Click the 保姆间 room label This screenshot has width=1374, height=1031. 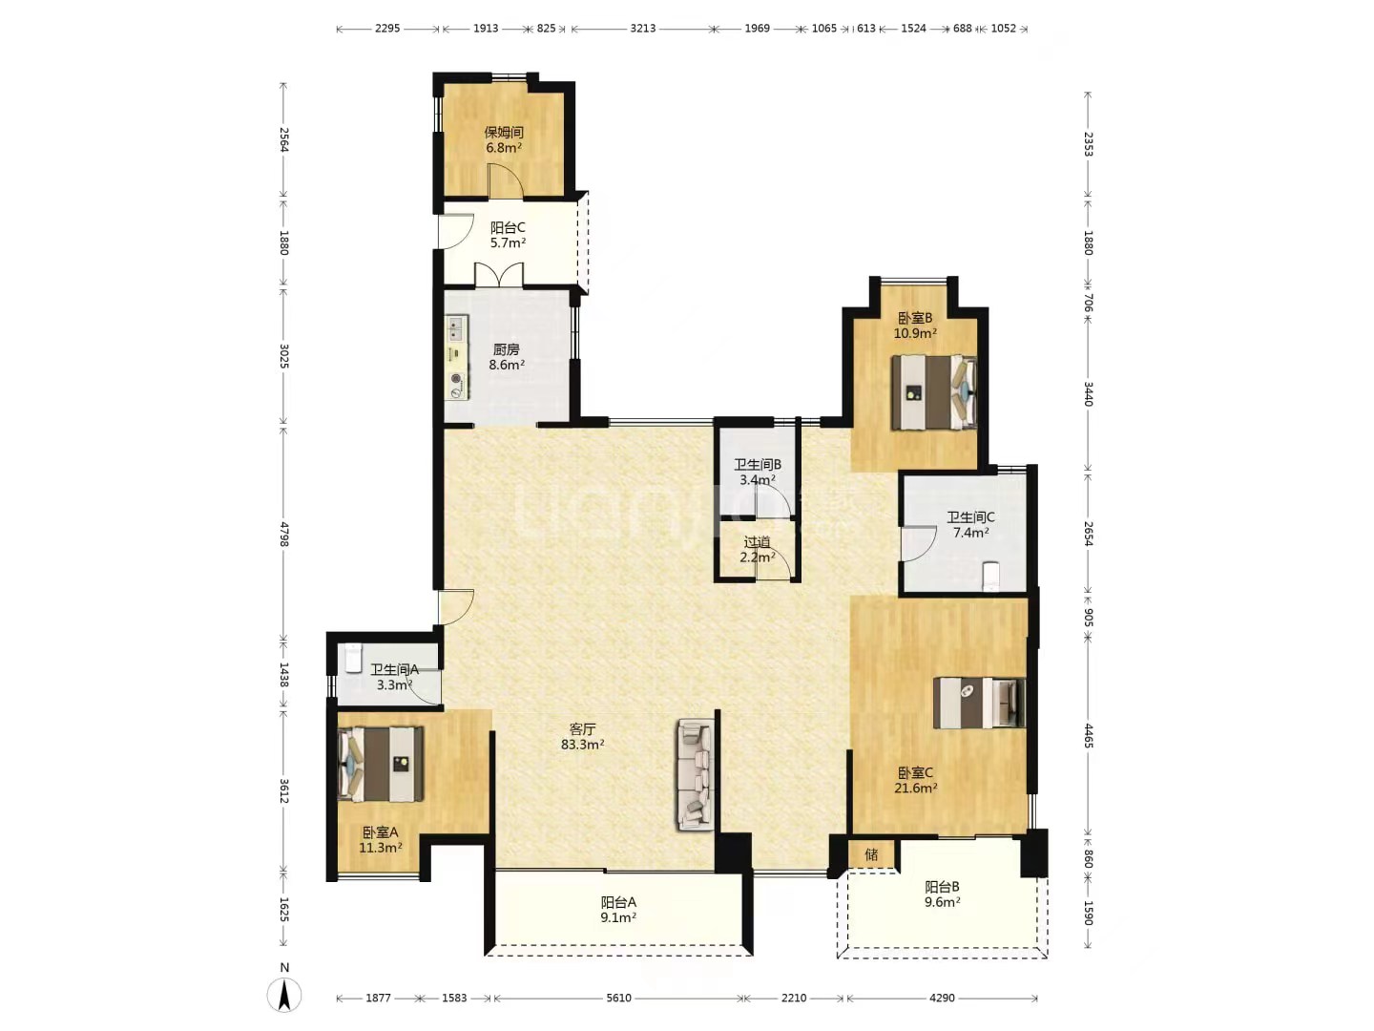tap(504, 132)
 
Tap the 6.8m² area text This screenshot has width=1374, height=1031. tap(504, 148)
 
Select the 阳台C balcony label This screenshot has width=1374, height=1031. tap(508, 227)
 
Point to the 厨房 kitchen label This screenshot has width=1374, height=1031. tap(506, 349)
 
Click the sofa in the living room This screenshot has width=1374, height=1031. tap(695, 775)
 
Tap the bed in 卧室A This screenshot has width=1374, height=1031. tap(380, 764)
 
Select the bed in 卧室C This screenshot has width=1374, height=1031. tap(978, 703)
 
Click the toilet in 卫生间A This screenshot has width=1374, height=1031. tap(352, 658)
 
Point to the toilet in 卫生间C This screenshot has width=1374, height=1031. tap(990, 577)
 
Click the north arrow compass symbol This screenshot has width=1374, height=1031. tap(284, 994)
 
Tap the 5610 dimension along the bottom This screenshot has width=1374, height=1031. tap(618, 998)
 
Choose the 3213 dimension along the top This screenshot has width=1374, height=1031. tap(643, 29)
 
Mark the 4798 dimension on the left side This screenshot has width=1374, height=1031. tap(284, 534)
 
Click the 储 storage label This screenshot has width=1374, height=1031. tap(871, 854)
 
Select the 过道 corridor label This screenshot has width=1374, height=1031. tap(757, 542)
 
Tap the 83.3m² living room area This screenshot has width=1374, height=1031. tap(582, 745)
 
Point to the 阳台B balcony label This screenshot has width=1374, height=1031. tap(942, 887)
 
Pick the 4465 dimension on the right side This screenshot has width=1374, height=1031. tap(1088, 735)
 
